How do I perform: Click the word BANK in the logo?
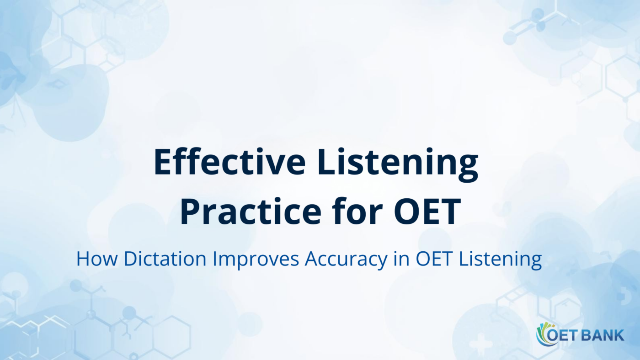click(603, 335)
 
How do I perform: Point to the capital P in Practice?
click(190, 212)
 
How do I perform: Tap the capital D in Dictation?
click(130, 259)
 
